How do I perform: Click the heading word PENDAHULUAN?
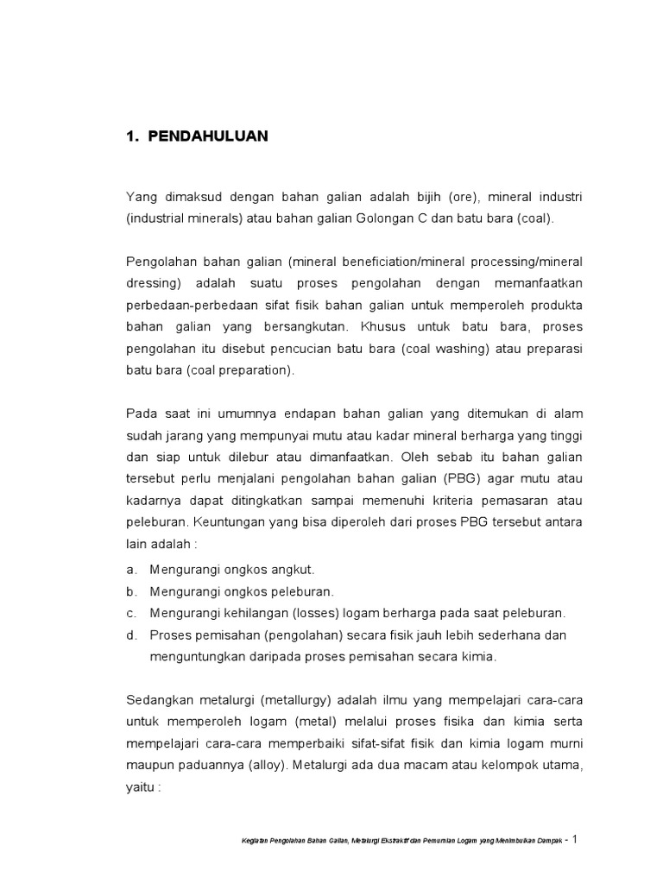click(x=208, y=136)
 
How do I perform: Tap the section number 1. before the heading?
click(x=132, y=136)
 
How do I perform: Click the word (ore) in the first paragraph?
click(x=465, y=198)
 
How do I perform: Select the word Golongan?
click(x=385, y=219)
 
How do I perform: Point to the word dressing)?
click(x=155, y=283)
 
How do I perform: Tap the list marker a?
click(x=131, y=570)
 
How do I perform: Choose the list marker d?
click(x=131, y=635)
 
